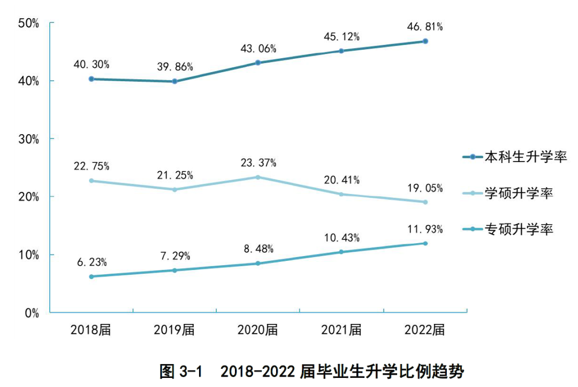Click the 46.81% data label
[x=425, y=27]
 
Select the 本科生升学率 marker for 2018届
[x=92, y=79]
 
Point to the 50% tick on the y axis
[x=28, y=23]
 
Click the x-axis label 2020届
[x=258, y=330]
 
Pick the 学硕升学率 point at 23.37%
[x=258, y=177]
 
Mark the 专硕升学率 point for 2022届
[x=425, y=243]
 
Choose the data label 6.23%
[x=92, y=262]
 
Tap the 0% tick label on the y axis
[x=32, y=313]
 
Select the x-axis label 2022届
[x=425, y=330]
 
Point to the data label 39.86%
[x=174, y=67]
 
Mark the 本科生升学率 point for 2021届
[x=341, y=51]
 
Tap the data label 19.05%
[x=425, y=188]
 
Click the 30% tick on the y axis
[x=28, y=139]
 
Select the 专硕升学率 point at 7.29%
[x=174, y=270]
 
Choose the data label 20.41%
[x=341, y=180]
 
